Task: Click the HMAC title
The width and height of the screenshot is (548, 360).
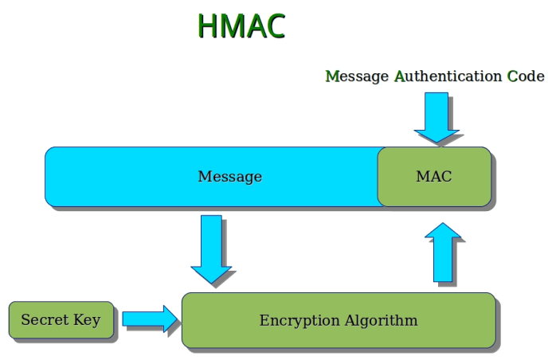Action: point(241,25)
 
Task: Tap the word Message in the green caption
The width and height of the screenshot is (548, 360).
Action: point(357,76)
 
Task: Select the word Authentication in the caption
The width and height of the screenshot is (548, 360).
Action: point(448,76)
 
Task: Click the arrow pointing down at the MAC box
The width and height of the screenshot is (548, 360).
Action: point(436,118)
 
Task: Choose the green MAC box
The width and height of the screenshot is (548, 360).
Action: point(434,177)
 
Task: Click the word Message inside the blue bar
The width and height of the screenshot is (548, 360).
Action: point(230,177)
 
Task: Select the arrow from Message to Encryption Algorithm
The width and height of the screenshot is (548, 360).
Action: point(211,249)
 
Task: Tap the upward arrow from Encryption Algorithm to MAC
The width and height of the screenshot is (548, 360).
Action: point(443,252)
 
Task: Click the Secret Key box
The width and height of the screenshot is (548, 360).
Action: point(61,320)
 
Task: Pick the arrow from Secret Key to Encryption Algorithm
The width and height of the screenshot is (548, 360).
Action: point(150,319)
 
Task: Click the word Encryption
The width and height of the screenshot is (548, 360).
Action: point(299,320)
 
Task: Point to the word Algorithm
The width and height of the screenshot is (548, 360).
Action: point(382,320)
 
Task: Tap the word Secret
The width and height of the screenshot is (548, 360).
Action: point(45,319)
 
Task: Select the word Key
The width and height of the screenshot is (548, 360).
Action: point(87,320)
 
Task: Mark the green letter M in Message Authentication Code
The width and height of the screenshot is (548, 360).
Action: point(333,76)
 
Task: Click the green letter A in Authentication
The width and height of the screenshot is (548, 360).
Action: point(400,76)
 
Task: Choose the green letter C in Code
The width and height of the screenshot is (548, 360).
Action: point(512,76)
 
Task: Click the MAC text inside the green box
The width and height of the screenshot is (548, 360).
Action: point(434,177)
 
